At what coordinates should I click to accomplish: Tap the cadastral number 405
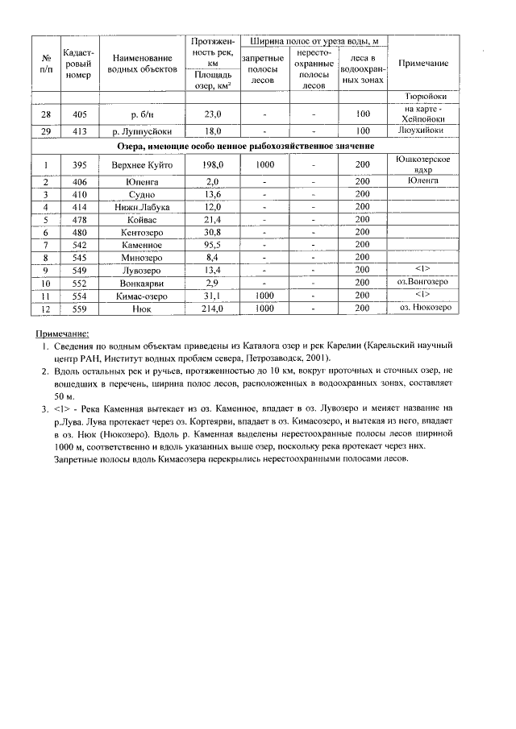coord(79,114)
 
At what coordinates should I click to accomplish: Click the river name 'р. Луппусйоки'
coord(142,130)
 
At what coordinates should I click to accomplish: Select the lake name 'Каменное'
coord(142,244)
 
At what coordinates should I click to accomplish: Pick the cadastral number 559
coord(79,309)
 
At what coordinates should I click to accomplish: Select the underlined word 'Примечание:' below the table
coord(62,333)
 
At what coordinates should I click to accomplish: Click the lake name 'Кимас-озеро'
coord(142,296)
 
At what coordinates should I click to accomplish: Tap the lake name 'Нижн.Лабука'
coord(142,206)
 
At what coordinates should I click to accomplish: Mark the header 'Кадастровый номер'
coord(79,64)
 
